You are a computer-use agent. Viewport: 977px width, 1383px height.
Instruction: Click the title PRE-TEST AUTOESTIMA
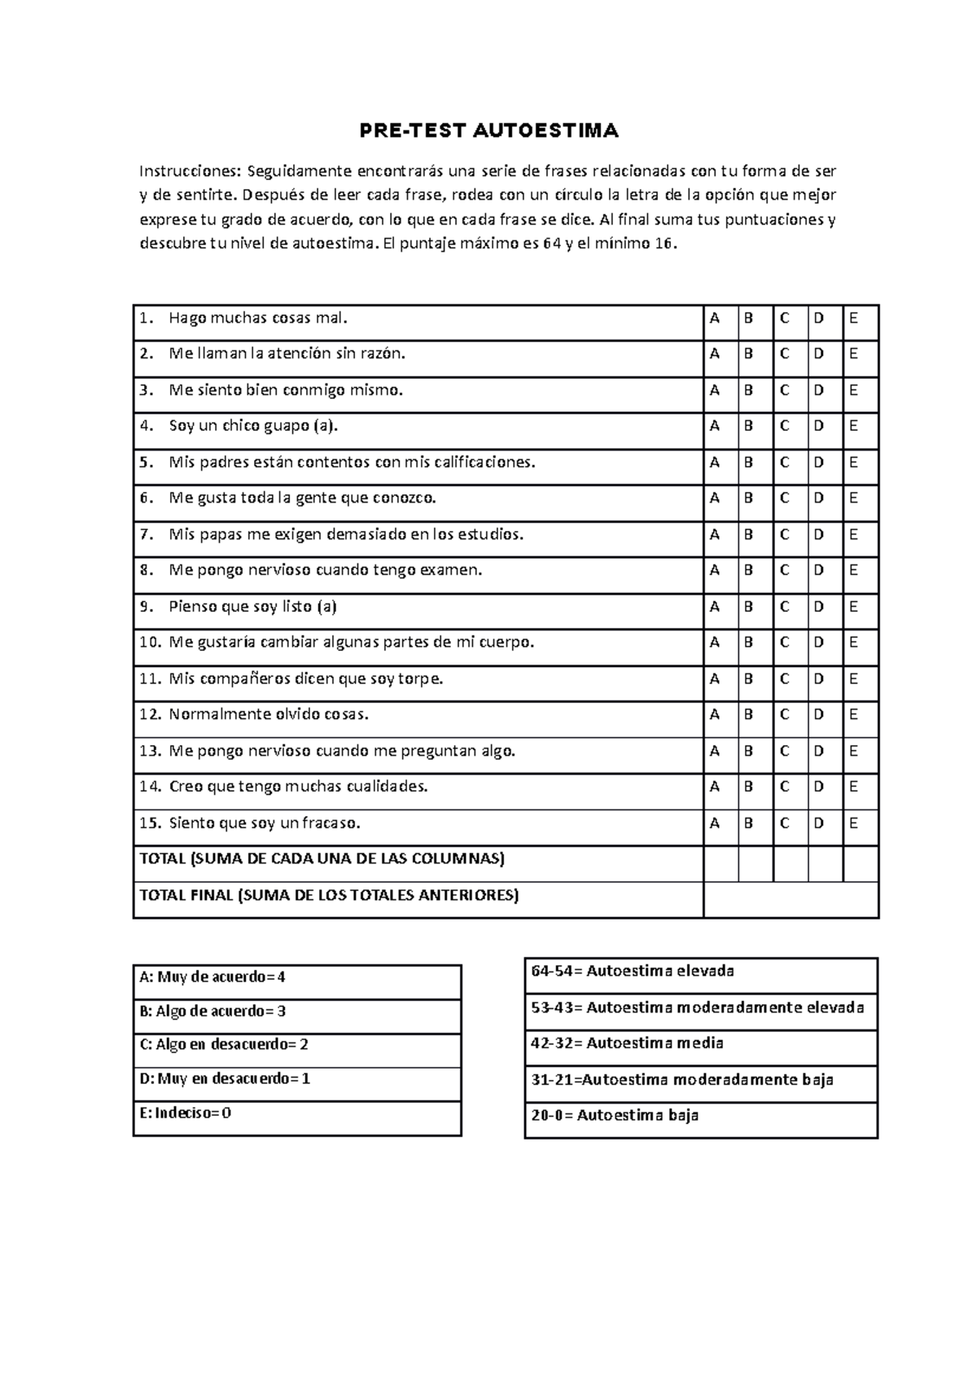(x=489, y=130)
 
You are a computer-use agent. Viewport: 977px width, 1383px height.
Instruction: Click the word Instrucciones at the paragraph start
(x=189, y=171)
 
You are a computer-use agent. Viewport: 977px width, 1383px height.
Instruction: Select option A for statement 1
(x=715, y=318)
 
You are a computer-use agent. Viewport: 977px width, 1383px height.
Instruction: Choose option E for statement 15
(x=853, y=823)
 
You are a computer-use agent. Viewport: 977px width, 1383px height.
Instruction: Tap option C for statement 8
(x=784, y=570)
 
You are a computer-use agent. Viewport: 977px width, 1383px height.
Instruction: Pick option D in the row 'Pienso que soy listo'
(x=819, y=607)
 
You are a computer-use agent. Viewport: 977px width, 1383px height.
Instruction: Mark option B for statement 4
(x=749, y=426)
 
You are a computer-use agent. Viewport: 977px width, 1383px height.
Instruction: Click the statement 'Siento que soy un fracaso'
(x=264, y=823)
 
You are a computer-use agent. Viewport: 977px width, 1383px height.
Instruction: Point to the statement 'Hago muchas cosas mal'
(x=257, y=318)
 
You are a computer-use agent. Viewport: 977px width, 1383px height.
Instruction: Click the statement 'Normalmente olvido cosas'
(x=269, y=715)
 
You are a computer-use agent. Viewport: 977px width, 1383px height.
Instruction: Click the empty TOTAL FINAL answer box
(x=791, y=900)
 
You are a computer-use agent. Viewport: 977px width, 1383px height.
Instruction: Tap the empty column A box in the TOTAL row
(x=721, y=863)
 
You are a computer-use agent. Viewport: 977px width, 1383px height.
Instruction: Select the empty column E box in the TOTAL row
(x=861, y=863)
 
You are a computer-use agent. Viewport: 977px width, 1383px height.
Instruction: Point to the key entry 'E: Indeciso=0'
(x=186, y=1113)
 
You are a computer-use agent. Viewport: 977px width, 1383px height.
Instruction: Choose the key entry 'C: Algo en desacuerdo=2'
(x=224, y=1045)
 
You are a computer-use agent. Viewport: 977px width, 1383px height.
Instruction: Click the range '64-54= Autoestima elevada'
(x=633, y=971)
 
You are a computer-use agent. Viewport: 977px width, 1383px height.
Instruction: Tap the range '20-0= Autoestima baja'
(x=615, y=1116)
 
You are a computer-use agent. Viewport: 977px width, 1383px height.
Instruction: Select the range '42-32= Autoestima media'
(x=627, y=1043)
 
